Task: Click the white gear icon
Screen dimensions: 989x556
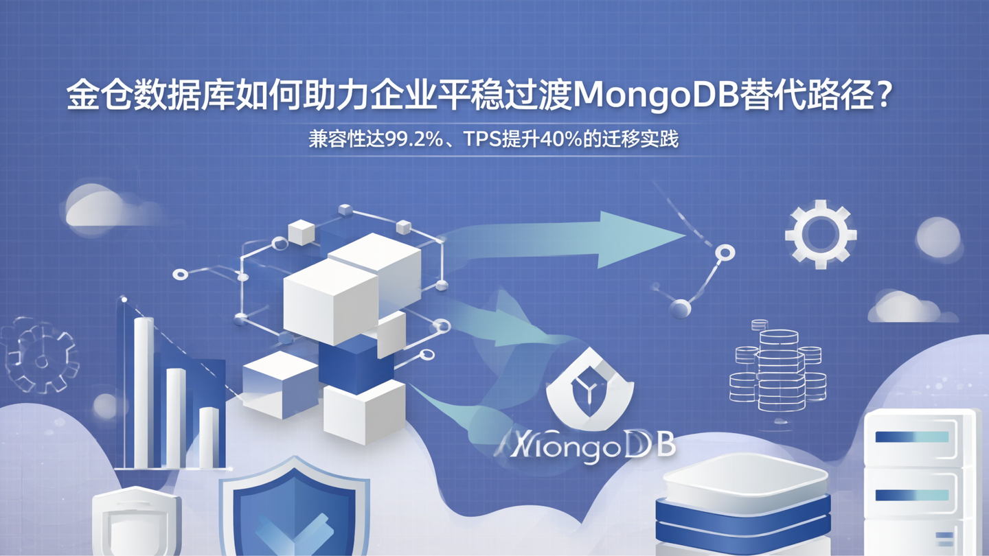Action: (820, 234)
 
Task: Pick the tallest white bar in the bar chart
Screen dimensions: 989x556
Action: (144, 391)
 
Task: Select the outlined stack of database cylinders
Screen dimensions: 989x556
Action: (777, 368)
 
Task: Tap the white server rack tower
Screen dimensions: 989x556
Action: (920, 480)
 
